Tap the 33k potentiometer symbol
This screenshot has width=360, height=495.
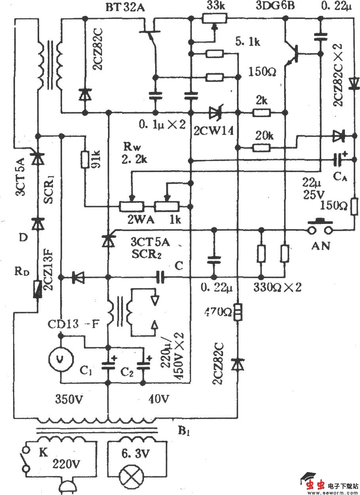[214, 18]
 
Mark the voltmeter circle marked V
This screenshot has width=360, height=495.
[60, 359]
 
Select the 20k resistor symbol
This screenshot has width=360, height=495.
[261, 148]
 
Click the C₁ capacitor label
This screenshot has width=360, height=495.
[88, 371]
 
